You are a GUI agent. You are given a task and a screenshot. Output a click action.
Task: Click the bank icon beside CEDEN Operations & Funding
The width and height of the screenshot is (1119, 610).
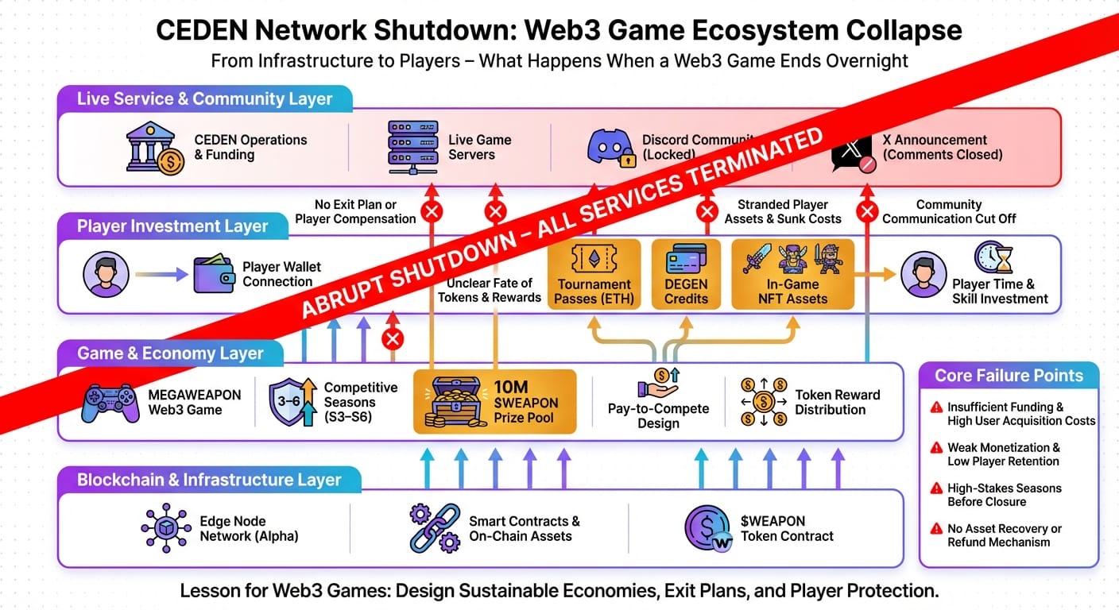(155, 148)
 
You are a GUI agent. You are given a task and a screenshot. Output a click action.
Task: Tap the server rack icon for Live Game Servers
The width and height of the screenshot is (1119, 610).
(412, 148)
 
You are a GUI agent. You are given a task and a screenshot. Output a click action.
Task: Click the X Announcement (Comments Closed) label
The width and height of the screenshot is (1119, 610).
(942, 147)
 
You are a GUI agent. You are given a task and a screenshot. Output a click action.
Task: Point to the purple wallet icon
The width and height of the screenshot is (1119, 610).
(214, 274)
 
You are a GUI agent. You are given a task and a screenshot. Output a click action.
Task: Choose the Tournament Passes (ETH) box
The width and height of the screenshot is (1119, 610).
(594, 274)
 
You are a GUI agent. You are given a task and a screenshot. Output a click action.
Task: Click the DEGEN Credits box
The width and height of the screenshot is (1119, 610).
(686, 274)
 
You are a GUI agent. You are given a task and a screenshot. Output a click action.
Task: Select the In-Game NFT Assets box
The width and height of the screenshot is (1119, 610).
(792, 274)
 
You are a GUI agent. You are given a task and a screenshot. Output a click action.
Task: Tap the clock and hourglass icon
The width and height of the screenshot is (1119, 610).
(993, 257)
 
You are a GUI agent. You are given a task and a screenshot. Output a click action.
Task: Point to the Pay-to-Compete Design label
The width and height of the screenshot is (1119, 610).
(657, 415)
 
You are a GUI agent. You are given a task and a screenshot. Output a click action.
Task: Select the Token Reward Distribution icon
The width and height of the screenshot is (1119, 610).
(762, 402)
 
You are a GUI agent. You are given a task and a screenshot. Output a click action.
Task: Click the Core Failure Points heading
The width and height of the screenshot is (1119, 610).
(1009, 376)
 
